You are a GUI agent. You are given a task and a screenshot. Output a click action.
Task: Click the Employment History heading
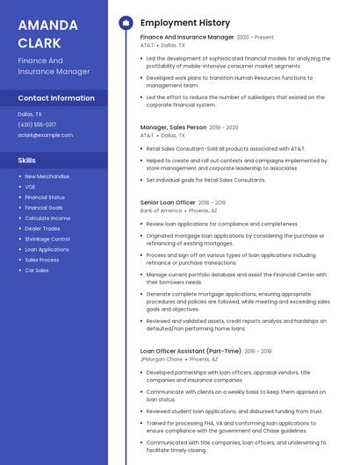[185, 23]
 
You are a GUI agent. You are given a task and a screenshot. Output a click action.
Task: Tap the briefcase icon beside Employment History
[126, 23]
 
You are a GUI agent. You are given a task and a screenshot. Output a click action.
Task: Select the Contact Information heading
[56, 98]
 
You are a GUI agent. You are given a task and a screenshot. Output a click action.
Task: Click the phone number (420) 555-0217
[37, 125]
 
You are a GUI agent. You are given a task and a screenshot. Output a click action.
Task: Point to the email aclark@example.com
[46, 135]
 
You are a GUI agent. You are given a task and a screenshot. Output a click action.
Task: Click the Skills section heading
[27, 161]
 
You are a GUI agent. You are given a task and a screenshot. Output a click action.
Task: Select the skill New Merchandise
[47, 176]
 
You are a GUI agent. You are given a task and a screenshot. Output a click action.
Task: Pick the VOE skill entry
[31, 187]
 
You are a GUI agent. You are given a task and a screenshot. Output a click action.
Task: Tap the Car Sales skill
[37, 270]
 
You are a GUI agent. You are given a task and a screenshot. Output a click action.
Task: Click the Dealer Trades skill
[42, 228]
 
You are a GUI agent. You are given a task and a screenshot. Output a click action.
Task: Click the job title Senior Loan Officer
[168, 203]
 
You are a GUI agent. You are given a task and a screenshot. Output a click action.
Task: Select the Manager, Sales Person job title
[173, 128]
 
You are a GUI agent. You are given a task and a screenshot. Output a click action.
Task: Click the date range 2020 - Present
[256, 38]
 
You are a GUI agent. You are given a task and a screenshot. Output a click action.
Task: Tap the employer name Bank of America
[161, 211]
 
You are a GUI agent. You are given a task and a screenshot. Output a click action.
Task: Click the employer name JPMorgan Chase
[162, 359]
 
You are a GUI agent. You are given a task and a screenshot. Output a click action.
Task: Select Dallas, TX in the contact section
[31, 114]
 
